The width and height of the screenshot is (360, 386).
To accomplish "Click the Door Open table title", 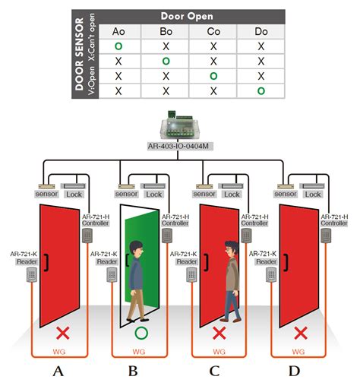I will [185, 15].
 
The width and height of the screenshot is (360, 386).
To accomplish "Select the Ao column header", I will [118, 32].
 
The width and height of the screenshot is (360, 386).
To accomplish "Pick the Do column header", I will [261, 32].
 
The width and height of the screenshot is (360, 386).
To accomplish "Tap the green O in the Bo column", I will [166, 61].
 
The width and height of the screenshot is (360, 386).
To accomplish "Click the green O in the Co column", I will [213, 76].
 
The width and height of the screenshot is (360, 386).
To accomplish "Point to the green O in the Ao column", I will [118, 46].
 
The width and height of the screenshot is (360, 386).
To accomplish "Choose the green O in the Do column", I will [261, 91].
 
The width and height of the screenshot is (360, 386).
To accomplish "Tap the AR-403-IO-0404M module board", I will [181, 128].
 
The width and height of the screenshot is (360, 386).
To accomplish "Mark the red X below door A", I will [58, 333].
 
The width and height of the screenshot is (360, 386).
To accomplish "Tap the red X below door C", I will [219, 333].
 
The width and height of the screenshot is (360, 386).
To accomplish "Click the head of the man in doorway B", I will [135, 249].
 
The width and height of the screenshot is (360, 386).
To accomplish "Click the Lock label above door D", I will [314, 194].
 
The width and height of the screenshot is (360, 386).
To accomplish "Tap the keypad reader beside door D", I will [271, 275].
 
